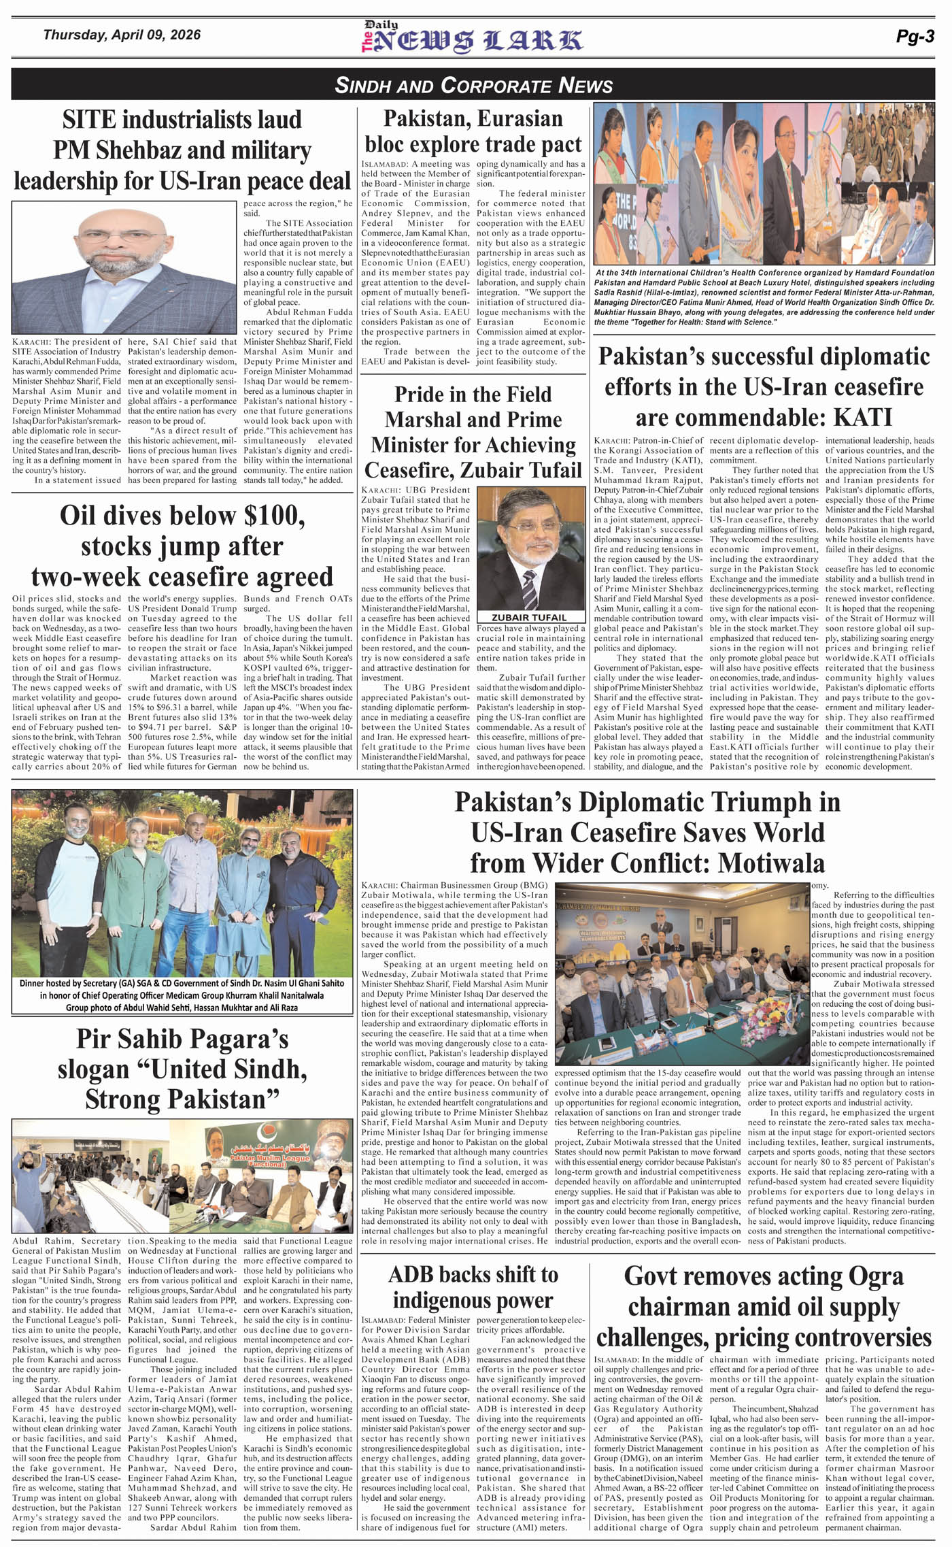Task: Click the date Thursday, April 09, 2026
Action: click(x=122, y=34)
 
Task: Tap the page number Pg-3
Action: click(x=915, y=37)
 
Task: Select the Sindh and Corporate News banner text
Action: click(x=474, y=85)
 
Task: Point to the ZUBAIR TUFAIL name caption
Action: click(x=529, y=617)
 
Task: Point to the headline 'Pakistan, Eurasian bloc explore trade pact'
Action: click(x=473, y=132)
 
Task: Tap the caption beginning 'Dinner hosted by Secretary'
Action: click(x=182, y=995)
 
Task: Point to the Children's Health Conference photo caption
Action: click(x=764, y=297)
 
